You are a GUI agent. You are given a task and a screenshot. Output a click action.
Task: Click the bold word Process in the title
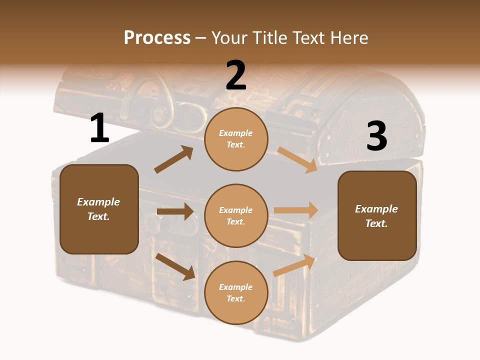click(x=157, y=38)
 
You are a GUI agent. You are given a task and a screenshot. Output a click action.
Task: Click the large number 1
click(x=99, y=129)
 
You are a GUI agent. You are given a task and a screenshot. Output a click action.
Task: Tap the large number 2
click(x=236, y=76)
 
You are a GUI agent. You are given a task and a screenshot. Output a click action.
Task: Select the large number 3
click(x=376, y=136)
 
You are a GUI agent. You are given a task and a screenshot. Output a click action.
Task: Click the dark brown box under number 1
click(x=99, y=209)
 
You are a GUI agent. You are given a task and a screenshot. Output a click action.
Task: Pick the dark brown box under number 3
click(x=377, y=216)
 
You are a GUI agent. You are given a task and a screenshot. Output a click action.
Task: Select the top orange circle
click(x=236, y=139)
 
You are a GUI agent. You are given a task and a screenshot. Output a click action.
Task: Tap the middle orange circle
click(x=236, y=216)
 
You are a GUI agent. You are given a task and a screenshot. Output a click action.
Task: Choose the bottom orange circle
click(x=236, y=293)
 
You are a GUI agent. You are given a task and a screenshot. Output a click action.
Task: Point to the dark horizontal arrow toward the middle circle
click(x=175, y=211)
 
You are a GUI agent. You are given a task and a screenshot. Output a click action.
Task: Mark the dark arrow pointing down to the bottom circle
click(x=175, y=266)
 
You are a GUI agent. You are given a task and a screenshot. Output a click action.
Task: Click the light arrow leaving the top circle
click(x=297, y=159)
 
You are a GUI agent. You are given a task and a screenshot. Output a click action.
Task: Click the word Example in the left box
click(x=98, y=202)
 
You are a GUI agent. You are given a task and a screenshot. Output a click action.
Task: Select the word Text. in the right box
click(x=376, y=223)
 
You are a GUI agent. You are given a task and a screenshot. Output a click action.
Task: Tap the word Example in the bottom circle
click(x=236, y=287)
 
